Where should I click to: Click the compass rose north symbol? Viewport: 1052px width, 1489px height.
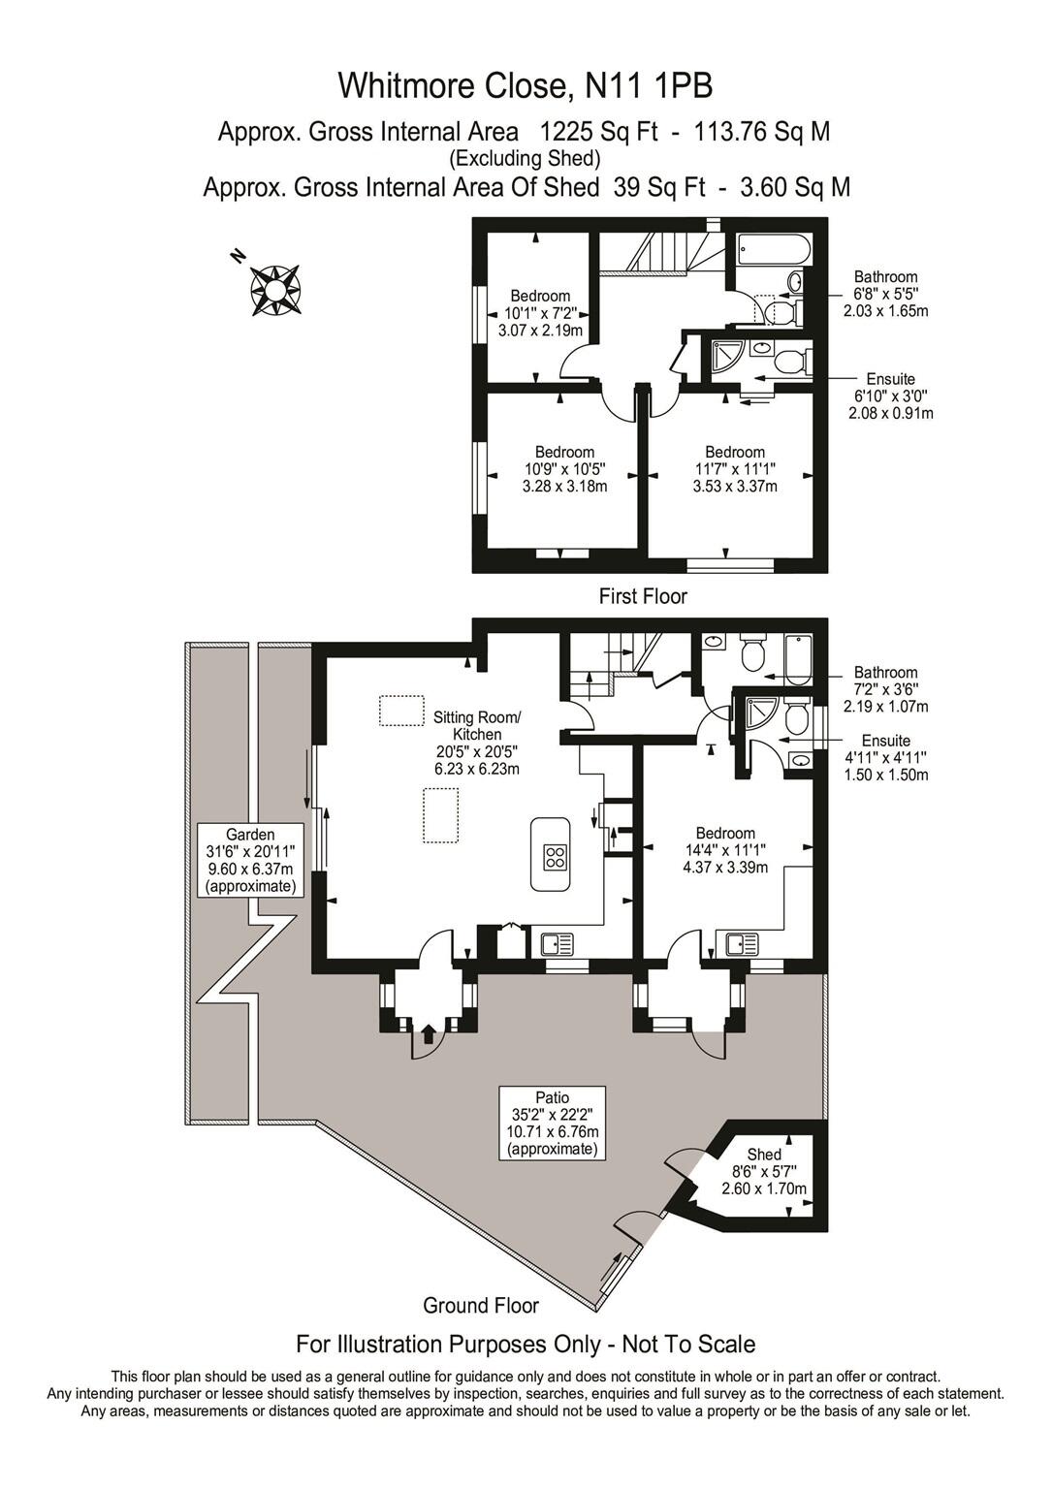click(x=275, y=288)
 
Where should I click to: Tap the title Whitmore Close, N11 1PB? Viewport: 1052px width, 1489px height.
click(x=525, y=86)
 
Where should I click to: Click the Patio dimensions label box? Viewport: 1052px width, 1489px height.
click(x=553, y=1123)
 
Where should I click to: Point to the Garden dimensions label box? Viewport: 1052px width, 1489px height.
click(x=250, y=860)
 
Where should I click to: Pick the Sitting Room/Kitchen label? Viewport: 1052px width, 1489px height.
click(x=476, y=743)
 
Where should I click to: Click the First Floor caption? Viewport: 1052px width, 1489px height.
click(x=643, y=596)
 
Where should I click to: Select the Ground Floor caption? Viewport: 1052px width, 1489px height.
click(x=481, y=1305)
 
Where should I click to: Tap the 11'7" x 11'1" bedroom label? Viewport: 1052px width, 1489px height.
click(x=734, y=469)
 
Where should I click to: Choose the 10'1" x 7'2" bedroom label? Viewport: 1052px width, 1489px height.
click(x=540, y=313)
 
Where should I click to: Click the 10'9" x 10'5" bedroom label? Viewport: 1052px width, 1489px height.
click(x=564, y=469)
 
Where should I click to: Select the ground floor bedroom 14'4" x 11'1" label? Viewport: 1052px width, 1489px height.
click(x=725, y=850)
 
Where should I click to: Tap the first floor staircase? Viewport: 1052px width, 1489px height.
click(x=659, y=255)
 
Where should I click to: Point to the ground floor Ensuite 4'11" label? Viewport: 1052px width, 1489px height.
click(x=885, y=757)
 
